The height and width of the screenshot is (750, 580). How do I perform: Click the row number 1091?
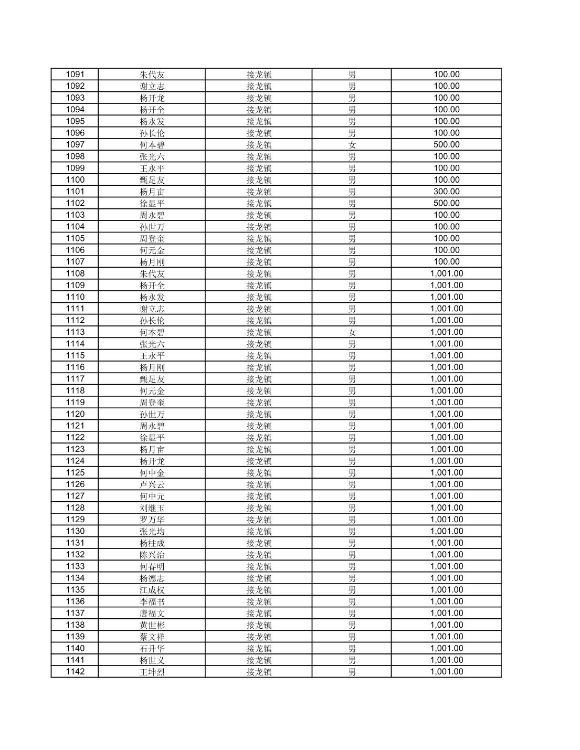(75, 74)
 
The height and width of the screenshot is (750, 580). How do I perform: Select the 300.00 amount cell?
(446, 192)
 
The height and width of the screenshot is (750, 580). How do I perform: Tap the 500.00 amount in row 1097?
(446, 144)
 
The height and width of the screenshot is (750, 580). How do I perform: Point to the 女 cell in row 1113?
(352, 332)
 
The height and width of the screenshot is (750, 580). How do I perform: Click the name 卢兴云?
(152, 484)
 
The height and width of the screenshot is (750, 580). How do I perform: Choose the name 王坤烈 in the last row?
(152, 672)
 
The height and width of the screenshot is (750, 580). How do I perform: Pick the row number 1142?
(75, 672)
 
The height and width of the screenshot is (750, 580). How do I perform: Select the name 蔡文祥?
(152, 637)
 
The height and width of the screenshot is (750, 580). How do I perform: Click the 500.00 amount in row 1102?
(446, 203)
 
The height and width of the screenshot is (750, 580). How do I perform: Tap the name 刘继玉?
(152, 508)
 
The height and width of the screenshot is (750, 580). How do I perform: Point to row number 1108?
(75, 273)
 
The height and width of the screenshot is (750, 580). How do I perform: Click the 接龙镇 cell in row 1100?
(259, 179)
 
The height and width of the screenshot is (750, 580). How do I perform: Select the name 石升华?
(152, 648)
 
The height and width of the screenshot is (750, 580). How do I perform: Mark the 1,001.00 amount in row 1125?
(446, 472)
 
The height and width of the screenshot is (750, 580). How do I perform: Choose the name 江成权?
(152, 590)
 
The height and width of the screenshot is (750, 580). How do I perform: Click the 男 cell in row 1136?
(352, 601)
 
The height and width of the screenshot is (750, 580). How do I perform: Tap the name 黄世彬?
(152, 625)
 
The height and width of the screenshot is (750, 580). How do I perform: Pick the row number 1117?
(75, 379)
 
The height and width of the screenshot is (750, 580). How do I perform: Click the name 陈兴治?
(152, 555)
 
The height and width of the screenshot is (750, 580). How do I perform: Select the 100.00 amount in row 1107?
(446, 261)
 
